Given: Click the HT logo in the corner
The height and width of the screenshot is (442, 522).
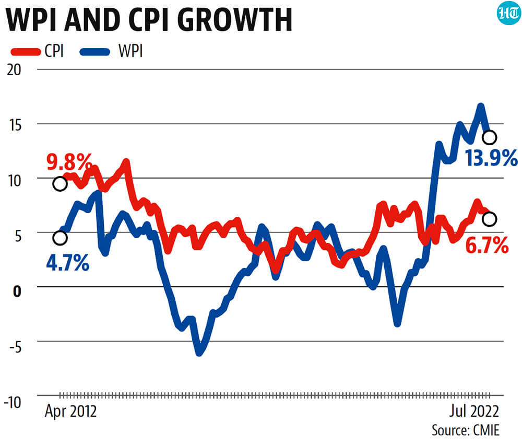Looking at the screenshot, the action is (508, 14).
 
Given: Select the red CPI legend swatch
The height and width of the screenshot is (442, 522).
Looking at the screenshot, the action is (26, 52).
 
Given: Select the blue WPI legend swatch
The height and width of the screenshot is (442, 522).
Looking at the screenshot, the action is (95, 52).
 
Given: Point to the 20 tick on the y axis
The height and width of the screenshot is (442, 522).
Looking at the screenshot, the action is (14, 70).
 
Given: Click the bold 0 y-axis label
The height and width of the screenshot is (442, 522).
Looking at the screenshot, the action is (17, 292).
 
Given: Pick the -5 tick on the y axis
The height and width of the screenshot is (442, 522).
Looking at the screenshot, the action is (15, 347).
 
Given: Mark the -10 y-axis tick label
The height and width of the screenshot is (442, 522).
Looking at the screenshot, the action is (13, 402).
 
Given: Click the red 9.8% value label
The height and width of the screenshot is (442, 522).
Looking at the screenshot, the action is (69, 162).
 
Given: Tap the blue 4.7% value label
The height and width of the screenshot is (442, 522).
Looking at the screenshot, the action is (67, 262).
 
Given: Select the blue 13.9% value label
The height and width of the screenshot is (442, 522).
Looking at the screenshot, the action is (491, 158).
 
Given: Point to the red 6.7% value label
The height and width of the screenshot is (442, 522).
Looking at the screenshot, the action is (487, 246).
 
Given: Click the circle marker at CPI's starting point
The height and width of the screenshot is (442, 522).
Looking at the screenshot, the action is (60, 183).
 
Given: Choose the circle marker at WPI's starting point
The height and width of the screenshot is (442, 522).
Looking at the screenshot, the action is (60, 238).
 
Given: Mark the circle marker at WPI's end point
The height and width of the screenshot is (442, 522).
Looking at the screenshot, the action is (490, 137).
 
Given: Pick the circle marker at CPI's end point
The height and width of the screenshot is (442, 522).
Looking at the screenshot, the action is (490, 219).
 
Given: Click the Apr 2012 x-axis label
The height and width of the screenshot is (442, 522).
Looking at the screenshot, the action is (70, 411).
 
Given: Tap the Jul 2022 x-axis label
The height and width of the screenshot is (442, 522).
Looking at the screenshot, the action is (474, 411).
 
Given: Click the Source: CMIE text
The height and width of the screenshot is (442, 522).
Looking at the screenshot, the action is (466, 431).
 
